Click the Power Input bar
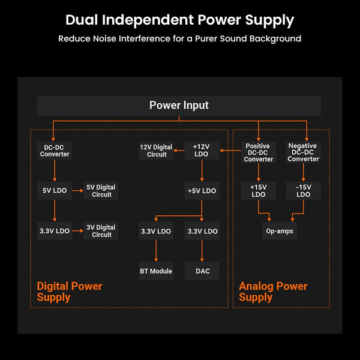[x=179, y=106]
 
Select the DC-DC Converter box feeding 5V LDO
[x=55, y=151]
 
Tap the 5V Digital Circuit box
[x=101, y=191]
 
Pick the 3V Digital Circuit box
[x=101, y=231]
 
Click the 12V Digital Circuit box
[x=156, y=151]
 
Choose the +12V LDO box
[x=202, y=151]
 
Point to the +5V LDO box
[x=202, y=191]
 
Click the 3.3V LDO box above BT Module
[x=156, y=231]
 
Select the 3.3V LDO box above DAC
[x=202, y=231]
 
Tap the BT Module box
[x=156, y=271]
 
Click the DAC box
[x=202, y=271]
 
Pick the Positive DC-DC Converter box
[x=258, y=152]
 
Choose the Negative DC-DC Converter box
[x=303, y=152]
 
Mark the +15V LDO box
[x=258, y=191]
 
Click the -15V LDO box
[x=303, y=191]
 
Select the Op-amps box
[x=280, y=231]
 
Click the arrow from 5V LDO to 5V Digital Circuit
[x=77, y=191]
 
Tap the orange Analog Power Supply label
[x=273, y=292]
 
